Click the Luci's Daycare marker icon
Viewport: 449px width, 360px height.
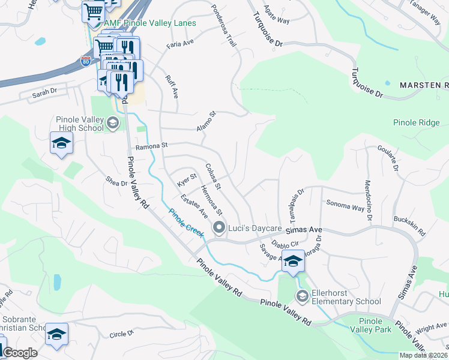(219, 227)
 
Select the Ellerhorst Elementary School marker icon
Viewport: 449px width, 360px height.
(303, 296)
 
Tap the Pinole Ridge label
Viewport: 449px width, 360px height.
(417, 122)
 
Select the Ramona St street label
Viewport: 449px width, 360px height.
(151, 146)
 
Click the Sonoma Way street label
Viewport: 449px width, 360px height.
(345, 206)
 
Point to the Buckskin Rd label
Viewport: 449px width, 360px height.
(409, 226)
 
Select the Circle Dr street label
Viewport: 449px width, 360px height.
(121, 334)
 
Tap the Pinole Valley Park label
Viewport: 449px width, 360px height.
(375, 325)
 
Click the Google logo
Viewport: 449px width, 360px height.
(20, 353)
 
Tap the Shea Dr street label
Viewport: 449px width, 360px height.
(116, 181)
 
